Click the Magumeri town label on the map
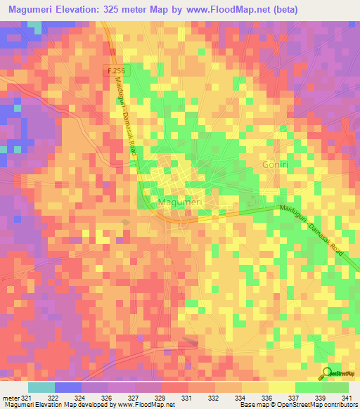[x=176, y=203]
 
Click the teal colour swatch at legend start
[x=41, y=387]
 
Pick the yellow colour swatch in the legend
[x=281, y=387]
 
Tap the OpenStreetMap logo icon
[x=327, y=373]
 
